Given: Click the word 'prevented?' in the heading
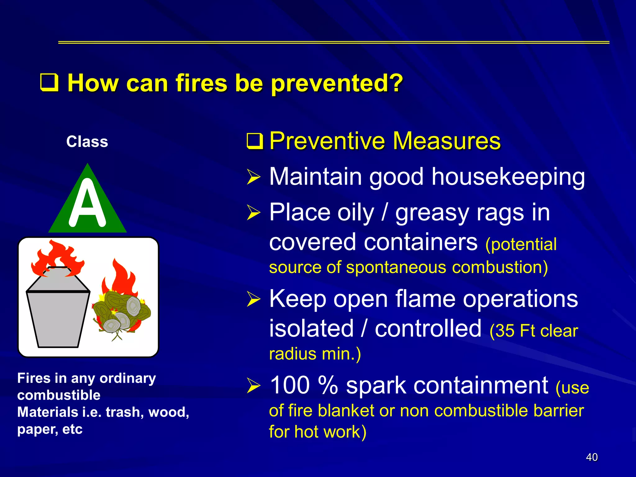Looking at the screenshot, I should click(337, 84).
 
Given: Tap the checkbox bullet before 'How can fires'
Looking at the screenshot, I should click(49, 83).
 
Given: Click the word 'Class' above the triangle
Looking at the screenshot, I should click(87, 142).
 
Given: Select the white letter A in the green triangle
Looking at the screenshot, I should click(87, 203).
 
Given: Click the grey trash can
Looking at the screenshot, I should click(58, 314).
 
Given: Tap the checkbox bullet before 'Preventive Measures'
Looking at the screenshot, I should click(255, 141).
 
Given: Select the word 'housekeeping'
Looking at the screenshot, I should click(508, 177).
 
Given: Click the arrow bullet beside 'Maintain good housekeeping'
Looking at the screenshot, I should click(253, 177).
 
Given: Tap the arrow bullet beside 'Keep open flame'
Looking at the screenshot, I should click(253, 299).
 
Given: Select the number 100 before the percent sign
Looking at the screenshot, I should click(290, 385).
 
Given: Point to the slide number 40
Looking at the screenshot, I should click(592, 457).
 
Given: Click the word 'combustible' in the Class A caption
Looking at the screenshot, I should click(59, 395).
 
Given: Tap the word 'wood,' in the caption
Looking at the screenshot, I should click(169, 412).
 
